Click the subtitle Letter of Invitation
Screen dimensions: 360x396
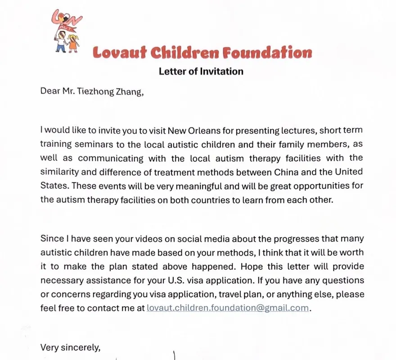[201, 71]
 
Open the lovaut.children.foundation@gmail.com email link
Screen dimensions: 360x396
[228, 308]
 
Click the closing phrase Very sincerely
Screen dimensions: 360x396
[70, 347]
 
